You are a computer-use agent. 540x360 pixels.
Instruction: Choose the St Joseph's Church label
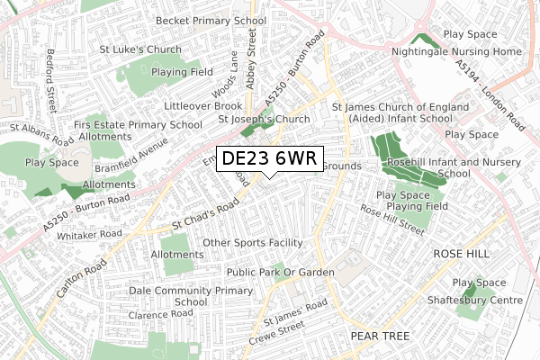tap(264, 119)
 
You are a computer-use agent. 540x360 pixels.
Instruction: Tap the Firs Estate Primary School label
tap(139, 125)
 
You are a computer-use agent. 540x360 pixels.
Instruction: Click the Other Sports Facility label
tap(252, 243)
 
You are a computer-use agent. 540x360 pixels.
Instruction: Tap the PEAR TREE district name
tap(380, 336)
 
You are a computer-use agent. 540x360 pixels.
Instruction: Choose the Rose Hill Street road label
tap(391, 220)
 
